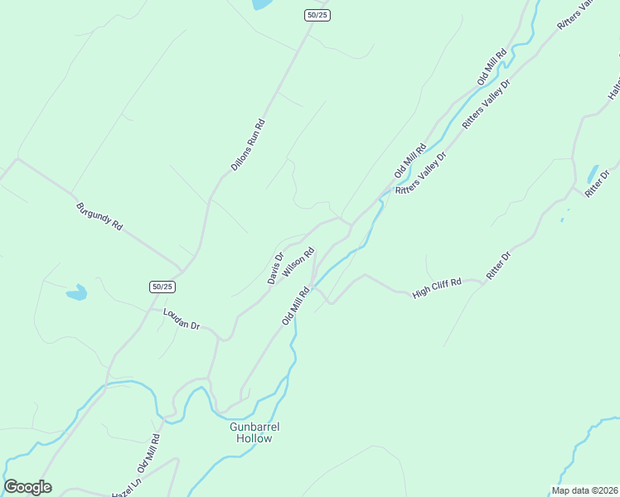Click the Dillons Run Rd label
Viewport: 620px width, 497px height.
(x=248, y=146)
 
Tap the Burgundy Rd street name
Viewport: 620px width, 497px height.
(x=99, y=215)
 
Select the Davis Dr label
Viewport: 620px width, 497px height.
(x=275, y=268)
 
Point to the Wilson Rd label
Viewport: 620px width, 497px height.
(x=298, y=262)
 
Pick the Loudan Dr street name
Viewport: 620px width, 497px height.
(x=182, y=320)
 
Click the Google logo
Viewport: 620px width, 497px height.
(x=27, y=487)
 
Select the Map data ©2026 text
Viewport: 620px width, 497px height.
(x=585, y=490)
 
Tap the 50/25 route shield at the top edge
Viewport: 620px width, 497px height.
(x=317, y=16)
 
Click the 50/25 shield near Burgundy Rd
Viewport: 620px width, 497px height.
(x=162, y=287)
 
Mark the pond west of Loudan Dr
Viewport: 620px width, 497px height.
(x=76, y=292)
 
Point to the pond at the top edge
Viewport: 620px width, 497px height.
(x=262, y=4)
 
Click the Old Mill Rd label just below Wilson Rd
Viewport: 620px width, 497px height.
(x=295, y=305)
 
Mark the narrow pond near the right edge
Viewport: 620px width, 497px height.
(x=593, y=174)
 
